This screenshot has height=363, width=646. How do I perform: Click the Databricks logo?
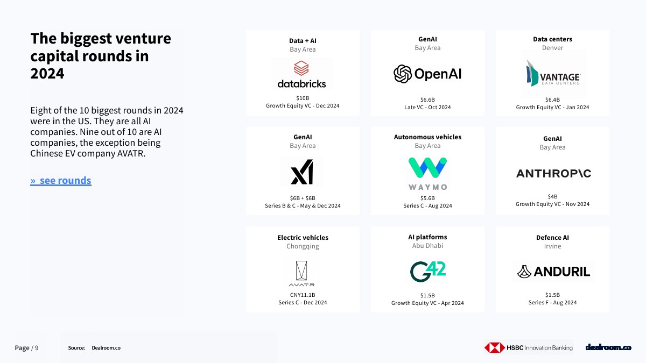[301, 74]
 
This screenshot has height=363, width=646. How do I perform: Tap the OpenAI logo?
[427, 74]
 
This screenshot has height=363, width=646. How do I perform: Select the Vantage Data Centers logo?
[553, 74]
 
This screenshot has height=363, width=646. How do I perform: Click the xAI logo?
[302, 172]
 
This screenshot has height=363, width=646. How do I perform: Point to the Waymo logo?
[427, 174]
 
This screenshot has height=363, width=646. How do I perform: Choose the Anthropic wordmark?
[553, 173]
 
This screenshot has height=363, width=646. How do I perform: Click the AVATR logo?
[301, 274]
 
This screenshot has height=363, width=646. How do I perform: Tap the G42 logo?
[427, 272]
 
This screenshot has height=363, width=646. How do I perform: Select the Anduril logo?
[553, 272]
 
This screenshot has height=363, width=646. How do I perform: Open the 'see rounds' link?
[61, 180]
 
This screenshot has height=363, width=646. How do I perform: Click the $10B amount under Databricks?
[303, 98]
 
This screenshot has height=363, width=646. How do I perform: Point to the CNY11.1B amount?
[303, 295]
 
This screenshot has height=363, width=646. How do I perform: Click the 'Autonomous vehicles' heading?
[427, 137]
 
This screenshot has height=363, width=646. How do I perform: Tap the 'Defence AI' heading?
[552, 238]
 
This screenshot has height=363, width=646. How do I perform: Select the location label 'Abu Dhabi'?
[427, 246]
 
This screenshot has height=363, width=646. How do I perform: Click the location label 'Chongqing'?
[303, 247]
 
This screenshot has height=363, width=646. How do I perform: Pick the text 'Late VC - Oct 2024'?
[427, 108]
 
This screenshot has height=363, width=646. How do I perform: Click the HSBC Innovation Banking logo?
[529, 347]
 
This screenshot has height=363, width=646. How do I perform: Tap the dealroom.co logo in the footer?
[608, 347]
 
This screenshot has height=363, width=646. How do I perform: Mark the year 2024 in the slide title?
[47, 74]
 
